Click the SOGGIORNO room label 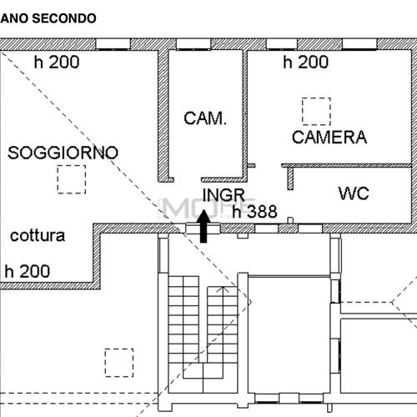pyautogui.click(x=63, y=153)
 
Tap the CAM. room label pyautogui.click(x=205, y=118)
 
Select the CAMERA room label pyautogui.click(x=329, y=137)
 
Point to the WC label pyautogui.click(x=354, y=193)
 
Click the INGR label pyautogui.click(x=224, y=195)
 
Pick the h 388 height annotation pyautogui.click(x=255, y=212)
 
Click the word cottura pyautogui.click(x=38, y=236)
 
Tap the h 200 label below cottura pyautogui.click(x=28, y=271)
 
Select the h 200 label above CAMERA pyautogui.click(x=306, y=62)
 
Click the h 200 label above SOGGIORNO pyautogui.click(x=57, y=62)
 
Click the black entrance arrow pyautogui.click(x=203, y=226)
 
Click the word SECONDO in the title pyautogui.click(x=64, y=18)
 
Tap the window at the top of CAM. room pyautogui.click(x=193, y=44)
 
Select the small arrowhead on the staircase pyautogui.click(x=224, y=289)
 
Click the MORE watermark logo pyautogui.click(x=207, y=208)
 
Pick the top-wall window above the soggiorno pyautogui.click(x=113, y=44)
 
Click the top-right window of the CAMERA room pyautogui.click(x=359, y=44)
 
